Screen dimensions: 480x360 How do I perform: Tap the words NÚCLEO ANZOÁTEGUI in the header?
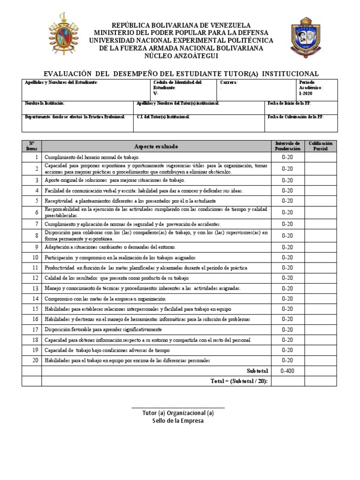pos(180,56)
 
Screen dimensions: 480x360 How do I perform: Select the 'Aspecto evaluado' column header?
pos(156,147)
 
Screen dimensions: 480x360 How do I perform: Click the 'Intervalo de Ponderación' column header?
pos(287,146)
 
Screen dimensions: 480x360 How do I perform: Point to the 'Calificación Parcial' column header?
pos(321,146)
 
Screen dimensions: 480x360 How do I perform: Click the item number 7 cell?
pos(32,224)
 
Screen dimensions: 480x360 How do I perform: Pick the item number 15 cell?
pos(32,309)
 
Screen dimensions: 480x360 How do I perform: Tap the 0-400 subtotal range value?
pos(287,371)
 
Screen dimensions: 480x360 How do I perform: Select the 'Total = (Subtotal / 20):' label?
pos(240,381)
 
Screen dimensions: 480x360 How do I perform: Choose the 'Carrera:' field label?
pos(229,82)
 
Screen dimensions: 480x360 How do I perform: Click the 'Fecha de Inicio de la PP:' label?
pos(289,103)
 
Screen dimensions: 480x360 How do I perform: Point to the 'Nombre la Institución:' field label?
pos(45,103)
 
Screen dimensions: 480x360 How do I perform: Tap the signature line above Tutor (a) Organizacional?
pos(178,407)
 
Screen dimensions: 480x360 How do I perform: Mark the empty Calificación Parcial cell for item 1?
pos(321,157)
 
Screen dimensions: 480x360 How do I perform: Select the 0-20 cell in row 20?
pos(287,360)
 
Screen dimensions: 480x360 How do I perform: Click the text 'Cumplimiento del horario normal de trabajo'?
pos(92,157)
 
